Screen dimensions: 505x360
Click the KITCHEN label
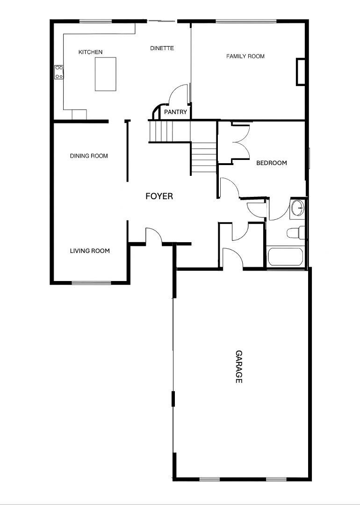pos(90,52)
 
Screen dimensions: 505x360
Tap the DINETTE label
pos(162,48)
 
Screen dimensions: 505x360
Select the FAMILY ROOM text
pos(245,56)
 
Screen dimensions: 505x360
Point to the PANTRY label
pos(176,112)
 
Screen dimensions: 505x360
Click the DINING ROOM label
pos(89,156)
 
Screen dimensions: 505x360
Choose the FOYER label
pos(159,196)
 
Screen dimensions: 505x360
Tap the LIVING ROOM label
pos(90,251)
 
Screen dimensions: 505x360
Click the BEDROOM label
pos(272,163)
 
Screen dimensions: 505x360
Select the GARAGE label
pos(238,367)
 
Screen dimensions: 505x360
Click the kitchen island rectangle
pos(105,74)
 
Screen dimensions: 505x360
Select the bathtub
pos(285,257)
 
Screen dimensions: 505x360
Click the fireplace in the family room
pos(301,72)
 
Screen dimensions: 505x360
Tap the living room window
pos(91,283)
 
